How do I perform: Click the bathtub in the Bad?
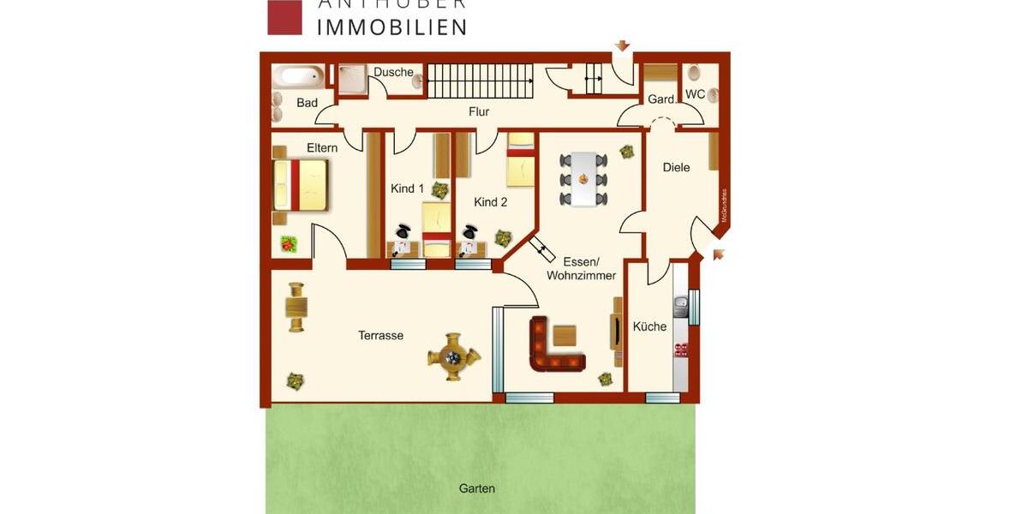coord(298,77)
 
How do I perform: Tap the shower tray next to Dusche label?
coord(350,80)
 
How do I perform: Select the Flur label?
coord(479,111)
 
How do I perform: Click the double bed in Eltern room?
coord(302,186)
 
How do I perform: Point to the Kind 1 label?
coord(407,188)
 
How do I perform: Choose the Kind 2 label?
coord(491,202)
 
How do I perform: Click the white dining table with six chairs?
coord(583,179)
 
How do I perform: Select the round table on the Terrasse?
coord(453,356)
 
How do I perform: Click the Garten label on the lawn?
coord(476,488)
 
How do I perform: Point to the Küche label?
coord(649,326)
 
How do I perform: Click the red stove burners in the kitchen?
coord(682,349)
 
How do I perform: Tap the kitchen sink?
coord(681,305)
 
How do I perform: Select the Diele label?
coord(676,167)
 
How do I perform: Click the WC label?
coord(696,93)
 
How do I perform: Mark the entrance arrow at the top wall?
coord(623,45)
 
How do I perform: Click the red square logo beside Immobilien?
coord(284,17)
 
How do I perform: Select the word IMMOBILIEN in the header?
coord(392,27)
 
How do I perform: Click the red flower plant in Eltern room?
coord(289,244)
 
